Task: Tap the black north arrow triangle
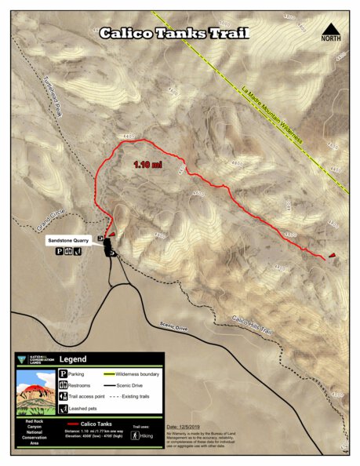[331, 32]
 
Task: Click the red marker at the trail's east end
[333, 255]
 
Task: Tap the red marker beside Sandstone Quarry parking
[111, 235]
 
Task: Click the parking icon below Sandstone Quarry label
[59, 252]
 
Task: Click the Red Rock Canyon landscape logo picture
[35, 393]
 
